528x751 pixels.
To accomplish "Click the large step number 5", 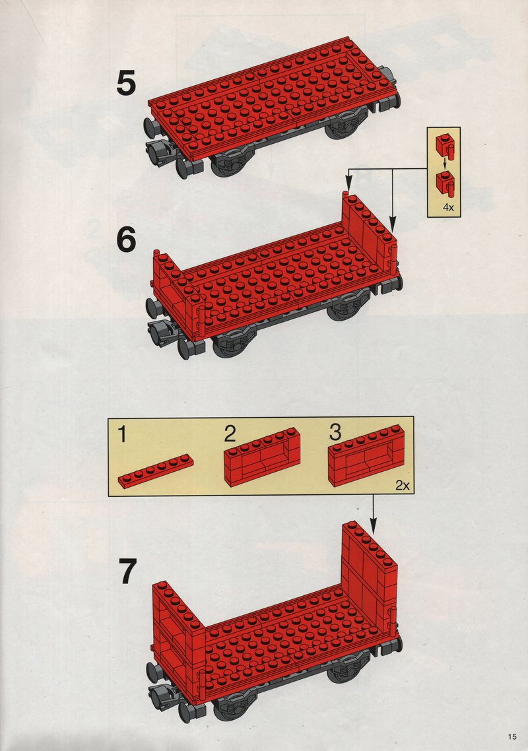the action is click(x=126, y=83).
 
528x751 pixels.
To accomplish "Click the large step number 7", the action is click(x=128, y=571).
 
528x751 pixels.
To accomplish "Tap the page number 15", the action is click(x=512, y=736).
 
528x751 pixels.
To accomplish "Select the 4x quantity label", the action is click(x=448, y=207).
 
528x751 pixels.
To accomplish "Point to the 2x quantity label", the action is click(x=403, y=485).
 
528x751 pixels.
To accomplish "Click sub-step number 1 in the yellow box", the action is click(x=123, y=434).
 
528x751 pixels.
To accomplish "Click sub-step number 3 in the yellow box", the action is click(x=335, y=432).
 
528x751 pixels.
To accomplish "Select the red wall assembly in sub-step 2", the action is click(x=262, y=457).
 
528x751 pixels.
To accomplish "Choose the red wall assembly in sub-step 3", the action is click(x=366, y=455).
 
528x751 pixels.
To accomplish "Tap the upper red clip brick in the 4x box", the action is click(x=445, y=145).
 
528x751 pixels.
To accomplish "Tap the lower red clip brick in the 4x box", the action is click(x=445, y=183).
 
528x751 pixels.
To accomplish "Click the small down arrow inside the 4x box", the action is click(x=445, y=164).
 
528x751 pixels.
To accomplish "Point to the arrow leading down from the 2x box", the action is click(x=374, y=515).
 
